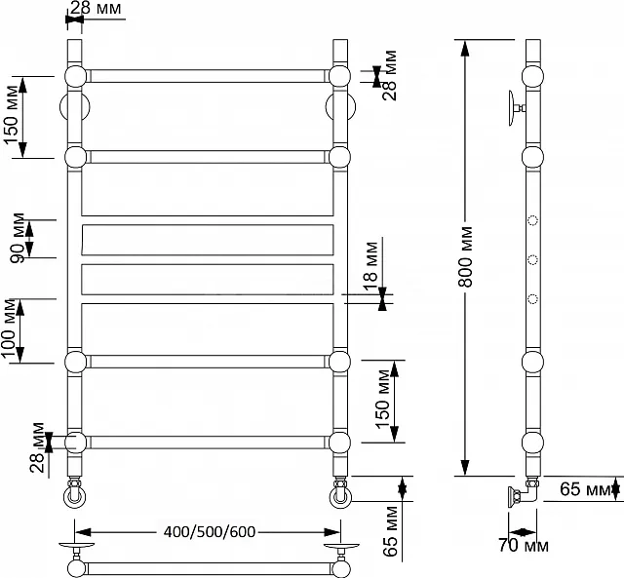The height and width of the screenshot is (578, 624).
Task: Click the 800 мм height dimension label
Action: point(465,256)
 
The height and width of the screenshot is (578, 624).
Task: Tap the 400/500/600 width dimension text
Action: point(210,532)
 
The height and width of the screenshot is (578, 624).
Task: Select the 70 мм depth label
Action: point(524,546)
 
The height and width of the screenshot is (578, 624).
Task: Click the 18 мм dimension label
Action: point(370,262)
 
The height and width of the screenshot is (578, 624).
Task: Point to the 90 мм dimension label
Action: point(18,238)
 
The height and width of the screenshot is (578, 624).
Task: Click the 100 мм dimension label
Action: point(8,328)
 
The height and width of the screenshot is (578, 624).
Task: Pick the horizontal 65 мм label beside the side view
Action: point(584,489)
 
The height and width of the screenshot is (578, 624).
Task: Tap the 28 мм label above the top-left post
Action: point(96,8)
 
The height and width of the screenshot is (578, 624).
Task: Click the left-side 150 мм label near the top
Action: point(11,115)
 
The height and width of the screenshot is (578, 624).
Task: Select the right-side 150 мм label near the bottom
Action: point(382,399)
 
